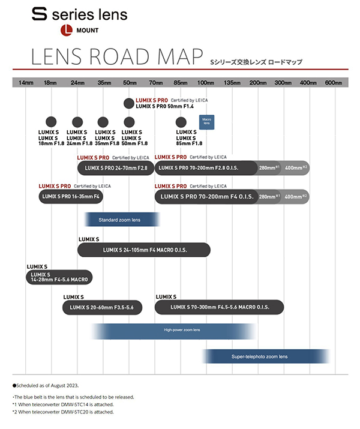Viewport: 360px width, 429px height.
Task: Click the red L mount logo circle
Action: coord(67,29)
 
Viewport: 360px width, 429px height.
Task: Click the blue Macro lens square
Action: coord(207,122)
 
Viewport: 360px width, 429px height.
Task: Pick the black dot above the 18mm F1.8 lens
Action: coord(52,122)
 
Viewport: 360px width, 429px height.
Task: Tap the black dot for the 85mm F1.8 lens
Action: coord(181,122)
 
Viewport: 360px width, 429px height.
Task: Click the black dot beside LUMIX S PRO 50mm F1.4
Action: coord(129,103)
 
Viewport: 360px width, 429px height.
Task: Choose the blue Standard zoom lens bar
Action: coord(122,220)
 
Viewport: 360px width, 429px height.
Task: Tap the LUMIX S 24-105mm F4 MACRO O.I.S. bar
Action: coord(144,250)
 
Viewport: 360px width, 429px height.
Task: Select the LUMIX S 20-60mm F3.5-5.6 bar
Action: coord(102,308)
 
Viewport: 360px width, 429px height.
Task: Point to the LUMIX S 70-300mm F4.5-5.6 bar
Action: coord(219,308)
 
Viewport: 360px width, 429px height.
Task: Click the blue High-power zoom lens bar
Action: coord(174,331)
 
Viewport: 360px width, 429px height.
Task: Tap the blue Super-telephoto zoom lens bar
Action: coord(264,356)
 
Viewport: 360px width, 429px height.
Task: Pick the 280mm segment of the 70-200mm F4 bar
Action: coord(269,196)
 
